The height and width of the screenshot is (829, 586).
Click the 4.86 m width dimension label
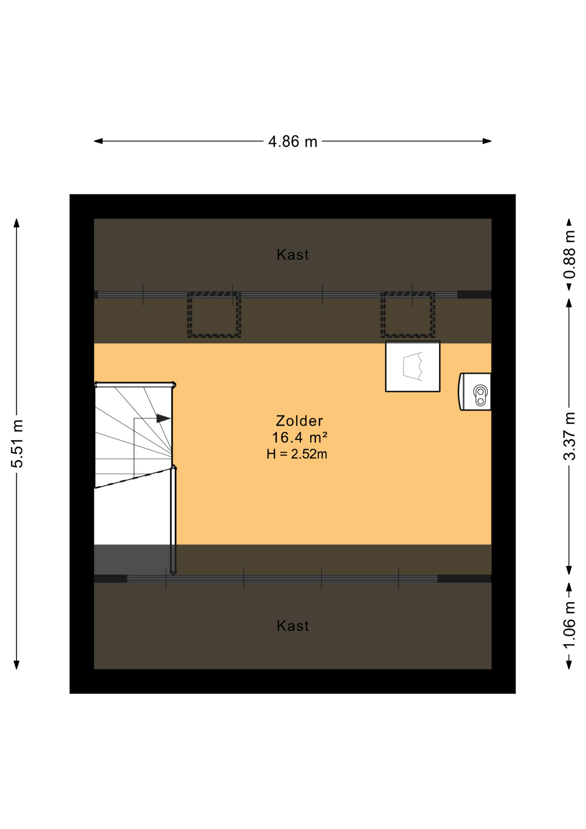coord(293,141)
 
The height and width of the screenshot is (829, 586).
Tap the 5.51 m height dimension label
coord(17,443)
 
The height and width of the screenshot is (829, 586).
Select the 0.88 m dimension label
coord(569,254)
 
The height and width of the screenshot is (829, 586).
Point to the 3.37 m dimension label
coord(569,436)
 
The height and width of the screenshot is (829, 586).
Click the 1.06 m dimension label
coord(569,625)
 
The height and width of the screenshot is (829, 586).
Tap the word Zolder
coord(299,421)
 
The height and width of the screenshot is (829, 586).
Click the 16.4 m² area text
coord(299,437)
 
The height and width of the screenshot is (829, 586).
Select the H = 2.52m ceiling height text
coord(297,454)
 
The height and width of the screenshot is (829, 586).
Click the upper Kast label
coord(293,255)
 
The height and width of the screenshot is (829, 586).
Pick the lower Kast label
coord(293,626)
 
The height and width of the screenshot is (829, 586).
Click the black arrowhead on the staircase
coord(163,418)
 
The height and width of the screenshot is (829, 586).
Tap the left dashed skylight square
coord(214,294)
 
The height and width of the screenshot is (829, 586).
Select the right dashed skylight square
coord(407,294)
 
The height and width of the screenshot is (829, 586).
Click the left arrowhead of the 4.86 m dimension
coord(98,141)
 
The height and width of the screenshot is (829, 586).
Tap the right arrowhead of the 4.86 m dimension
coord(487,141)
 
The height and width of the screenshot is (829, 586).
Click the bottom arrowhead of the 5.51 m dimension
coord(17,664)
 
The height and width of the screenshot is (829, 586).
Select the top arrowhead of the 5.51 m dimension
coord(17,223)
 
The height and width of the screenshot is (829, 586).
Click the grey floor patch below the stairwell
coord(132,560)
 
